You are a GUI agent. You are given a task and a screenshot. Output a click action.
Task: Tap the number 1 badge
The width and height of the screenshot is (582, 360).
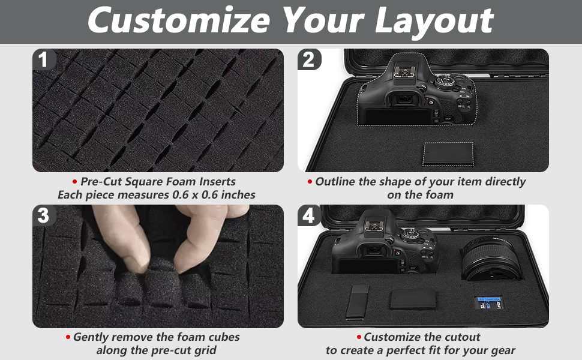(x=43, y=60)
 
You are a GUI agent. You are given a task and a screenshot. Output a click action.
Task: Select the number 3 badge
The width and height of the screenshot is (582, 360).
(x=43, y=215)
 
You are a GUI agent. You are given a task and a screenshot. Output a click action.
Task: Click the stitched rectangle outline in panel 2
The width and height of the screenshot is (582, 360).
(x=448, y=154)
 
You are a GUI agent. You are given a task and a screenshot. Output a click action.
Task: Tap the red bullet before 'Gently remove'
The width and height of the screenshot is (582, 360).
(x=68, y=338)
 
